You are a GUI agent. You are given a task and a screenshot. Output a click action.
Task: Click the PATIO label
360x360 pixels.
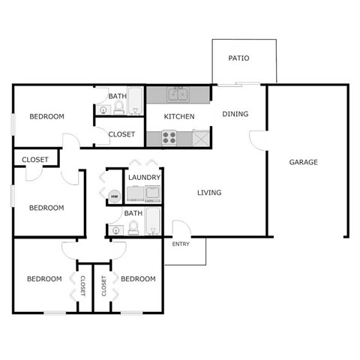point(239,58)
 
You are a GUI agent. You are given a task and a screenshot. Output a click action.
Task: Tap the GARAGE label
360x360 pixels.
point(304,162)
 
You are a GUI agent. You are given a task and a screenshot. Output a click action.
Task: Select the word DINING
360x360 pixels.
point(235,114)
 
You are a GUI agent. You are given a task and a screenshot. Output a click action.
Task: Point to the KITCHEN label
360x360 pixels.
point(179,116)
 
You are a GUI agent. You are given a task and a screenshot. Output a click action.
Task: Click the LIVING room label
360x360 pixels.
point(209,193)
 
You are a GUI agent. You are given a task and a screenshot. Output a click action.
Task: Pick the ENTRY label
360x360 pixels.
point(181,244)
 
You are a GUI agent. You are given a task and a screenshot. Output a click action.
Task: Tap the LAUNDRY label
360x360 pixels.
point(143,178)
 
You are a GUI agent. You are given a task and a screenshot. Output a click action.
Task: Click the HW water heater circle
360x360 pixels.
point(115,196)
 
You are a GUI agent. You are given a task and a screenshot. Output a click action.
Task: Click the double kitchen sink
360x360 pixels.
point(178,94)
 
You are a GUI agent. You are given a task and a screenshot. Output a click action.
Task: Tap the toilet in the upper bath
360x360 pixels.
point(118,109)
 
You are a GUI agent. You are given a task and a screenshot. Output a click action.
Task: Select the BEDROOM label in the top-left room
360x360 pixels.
point(46,116)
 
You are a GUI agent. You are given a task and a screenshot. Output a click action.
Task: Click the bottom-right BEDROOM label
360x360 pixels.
point(138,279)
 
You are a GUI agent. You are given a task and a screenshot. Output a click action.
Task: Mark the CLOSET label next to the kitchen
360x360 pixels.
point(121,135)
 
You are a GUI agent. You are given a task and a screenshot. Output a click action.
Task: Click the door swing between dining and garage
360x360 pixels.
point(257,139)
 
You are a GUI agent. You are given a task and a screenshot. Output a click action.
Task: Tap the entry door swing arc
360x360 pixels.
point(181,228)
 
